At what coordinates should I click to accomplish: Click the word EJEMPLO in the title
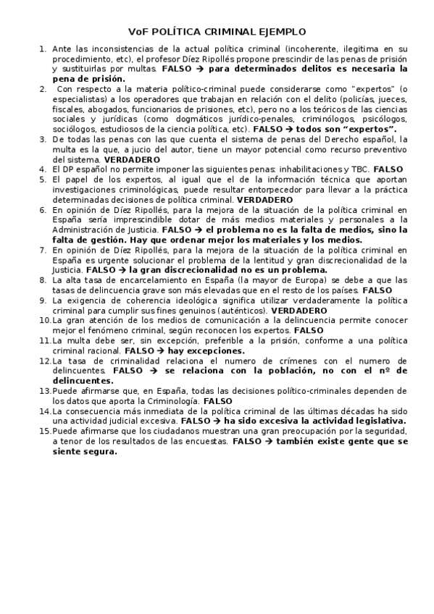[280, 32]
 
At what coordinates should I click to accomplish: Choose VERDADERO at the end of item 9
[298, 310]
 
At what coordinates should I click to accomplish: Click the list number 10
[44, 319]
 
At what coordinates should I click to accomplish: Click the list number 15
[44, 429]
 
